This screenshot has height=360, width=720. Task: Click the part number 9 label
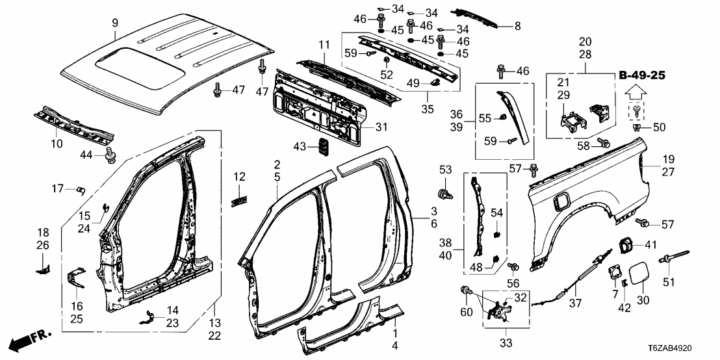click(x=115, y=23)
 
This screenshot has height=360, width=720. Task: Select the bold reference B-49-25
click(x=641, y=76)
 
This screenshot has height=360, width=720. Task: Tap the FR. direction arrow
click(x=31, y=339)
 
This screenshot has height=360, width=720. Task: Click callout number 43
click(x=300, y=148)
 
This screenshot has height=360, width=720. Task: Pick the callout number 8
click(x=517, y=26)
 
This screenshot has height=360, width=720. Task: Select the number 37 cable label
click(x=574, y=303)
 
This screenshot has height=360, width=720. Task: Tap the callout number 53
click(x=444, y=170)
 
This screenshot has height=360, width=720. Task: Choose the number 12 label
click(x=240, y=176)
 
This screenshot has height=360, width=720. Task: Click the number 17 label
click(x=57, y=189)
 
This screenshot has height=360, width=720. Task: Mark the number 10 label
click(x=57, y=143)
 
